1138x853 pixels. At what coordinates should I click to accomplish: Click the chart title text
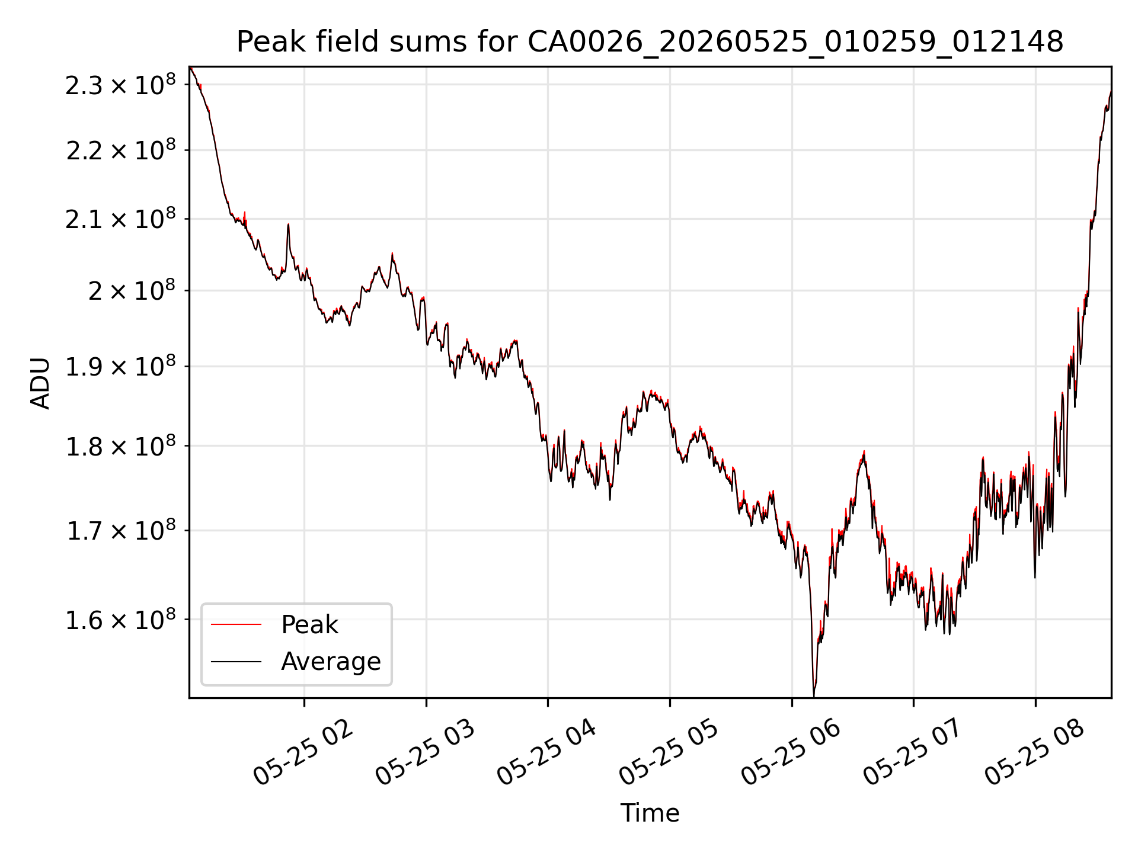650,42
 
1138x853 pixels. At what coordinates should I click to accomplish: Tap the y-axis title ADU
40,383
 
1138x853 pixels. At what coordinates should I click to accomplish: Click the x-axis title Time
650,813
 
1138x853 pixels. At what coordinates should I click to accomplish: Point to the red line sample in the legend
236,624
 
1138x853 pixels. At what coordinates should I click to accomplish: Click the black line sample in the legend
236,661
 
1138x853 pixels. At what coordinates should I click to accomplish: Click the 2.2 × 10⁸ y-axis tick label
121,150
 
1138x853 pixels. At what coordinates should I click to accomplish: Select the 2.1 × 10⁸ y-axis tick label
121,219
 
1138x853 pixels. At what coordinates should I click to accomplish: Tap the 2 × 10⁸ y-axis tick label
132,290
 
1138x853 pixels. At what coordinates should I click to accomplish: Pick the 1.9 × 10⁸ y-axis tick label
121,367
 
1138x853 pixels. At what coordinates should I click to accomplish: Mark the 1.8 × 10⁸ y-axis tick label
121,446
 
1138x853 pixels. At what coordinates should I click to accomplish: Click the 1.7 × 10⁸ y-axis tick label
121,531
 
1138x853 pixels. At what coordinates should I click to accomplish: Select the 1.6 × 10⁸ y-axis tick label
121,620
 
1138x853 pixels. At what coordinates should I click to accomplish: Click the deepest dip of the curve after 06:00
814,695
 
